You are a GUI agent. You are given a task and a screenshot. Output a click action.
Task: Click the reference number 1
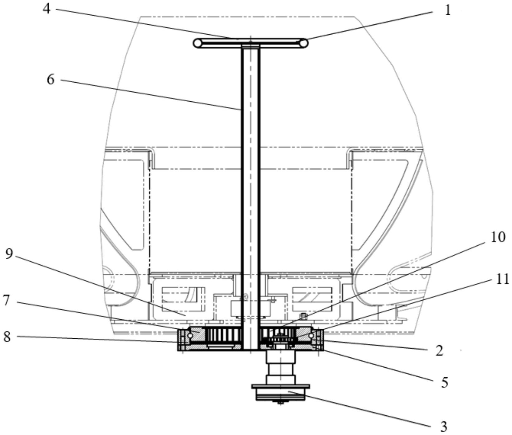point(448,10)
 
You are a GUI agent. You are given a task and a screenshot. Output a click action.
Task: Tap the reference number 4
point(47,8)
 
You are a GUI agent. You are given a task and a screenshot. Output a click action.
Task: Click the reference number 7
point(7,300)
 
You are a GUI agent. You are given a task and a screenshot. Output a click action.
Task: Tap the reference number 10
point(498,237)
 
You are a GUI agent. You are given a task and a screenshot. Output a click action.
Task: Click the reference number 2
point(439,351)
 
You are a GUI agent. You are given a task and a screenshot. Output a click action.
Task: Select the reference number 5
point(445,382)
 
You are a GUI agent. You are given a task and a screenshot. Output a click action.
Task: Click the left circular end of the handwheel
point(198,43)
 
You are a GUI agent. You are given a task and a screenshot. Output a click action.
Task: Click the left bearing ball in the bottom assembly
point(190,335)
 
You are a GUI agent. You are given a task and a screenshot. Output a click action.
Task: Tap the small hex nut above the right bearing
point(303,317)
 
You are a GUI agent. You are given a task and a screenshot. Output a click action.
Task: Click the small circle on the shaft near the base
point(246,297)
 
